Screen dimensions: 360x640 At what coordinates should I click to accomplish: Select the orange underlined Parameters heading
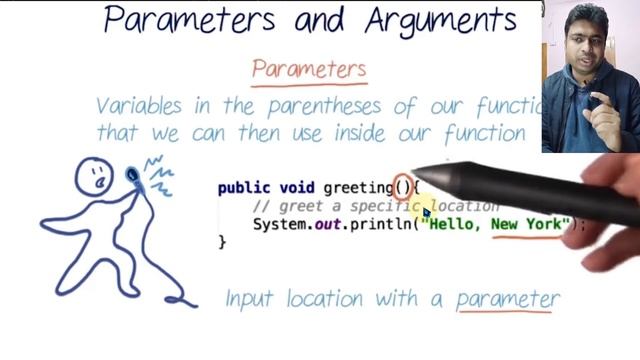pyautogui.click(x=309, y=69)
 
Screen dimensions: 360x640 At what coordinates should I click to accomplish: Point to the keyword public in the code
pyautogui.click(x=242, y=187)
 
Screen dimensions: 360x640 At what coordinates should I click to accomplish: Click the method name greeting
pyautogui.click(x=357, y=187)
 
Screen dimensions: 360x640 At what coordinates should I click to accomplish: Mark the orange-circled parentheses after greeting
pyautogui.click(x=402, y=186)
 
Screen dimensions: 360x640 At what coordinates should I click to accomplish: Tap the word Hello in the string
pyautogui.click(x=458, y=224)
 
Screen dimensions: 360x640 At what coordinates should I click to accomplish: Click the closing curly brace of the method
pyautogui.click(x=222, y=241)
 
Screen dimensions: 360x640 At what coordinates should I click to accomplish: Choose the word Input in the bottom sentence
pyautogui.click(x=251, y=298)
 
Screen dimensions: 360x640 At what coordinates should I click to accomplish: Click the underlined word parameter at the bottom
pyautogui.click(x=507, y=298)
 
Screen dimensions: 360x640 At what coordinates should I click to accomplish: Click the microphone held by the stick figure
pyautogui.click(x=134, y=177)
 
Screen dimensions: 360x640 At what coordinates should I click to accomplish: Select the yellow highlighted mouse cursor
pyautogui.click(x=424, y=209)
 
